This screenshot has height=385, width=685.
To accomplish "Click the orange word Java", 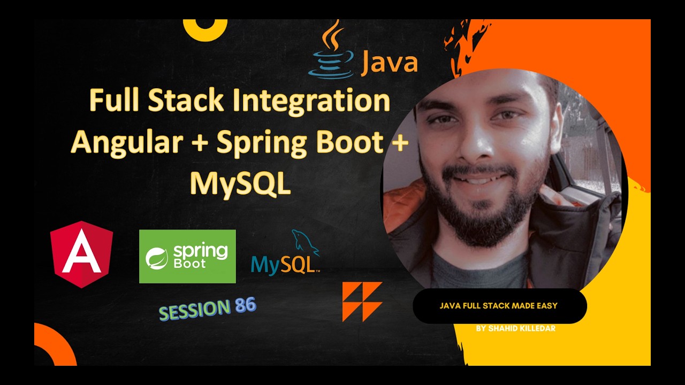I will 389,63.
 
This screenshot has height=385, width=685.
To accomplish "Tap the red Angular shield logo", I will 81,254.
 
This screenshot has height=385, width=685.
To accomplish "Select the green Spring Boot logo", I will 187,256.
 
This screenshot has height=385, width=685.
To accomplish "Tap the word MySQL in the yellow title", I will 240,183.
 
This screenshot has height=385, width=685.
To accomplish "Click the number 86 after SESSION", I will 245,306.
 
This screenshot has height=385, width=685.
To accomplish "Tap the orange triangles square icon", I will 362,302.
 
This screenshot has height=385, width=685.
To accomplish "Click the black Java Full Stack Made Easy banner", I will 499,306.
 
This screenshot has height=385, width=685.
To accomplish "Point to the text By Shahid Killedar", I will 515,328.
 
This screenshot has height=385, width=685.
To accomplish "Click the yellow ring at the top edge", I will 205,28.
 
